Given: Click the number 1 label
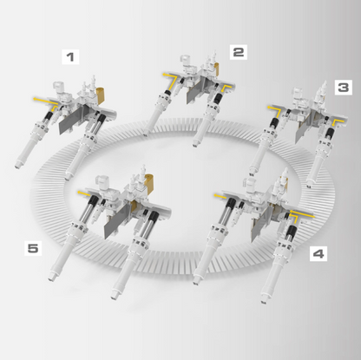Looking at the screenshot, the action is (x=70, y=56).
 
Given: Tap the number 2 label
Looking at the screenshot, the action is (x=239, y=52).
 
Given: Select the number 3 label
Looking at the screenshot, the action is (x=344, y=88).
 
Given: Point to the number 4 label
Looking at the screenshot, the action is (x=318, y=253).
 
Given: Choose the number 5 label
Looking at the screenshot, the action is (x=33, y=248).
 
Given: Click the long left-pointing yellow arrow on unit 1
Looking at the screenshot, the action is (x=46, y=101).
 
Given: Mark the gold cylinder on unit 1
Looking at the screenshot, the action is (x=102, y=95).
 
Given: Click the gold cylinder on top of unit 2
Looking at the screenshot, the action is (x=216, y=69).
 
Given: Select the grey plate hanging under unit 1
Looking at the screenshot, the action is (x=70, y=121).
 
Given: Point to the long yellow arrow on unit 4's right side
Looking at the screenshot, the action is (x=301, y=214).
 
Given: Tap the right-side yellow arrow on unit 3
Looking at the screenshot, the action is (x=338, y=122).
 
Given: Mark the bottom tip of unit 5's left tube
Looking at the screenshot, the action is (x=51, y=278).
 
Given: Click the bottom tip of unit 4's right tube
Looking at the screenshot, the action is (x=264, y=301).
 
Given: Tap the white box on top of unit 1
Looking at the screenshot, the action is (x=58, y=87).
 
